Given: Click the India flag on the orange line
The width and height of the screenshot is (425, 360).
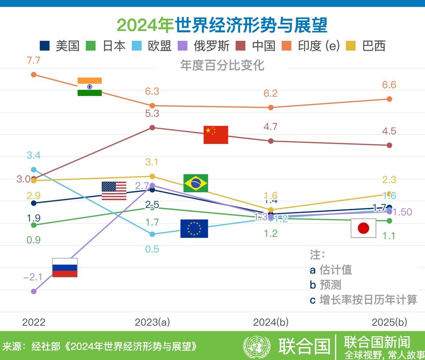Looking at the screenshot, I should [x=89, y=87].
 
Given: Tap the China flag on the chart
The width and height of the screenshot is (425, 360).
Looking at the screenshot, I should [x=216, y=135].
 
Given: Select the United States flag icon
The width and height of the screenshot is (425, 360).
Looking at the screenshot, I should [x=114, y=191].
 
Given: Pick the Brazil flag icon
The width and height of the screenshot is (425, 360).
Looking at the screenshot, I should [x=196, y=183].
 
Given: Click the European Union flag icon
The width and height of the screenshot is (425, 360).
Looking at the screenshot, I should [x=194, y=229].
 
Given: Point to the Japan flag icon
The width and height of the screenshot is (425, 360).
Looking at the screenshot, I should [x=363, y=228].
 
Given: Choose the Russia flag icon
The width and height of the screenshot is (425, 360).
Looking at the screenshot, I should [x=65, y=267].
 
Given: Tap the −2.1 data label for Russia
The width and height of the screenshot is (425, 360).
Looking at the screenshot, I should [x=33, y=277].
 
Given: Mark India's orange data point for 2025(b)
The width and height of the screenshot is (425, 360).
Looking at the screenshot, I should [x=389, y=99].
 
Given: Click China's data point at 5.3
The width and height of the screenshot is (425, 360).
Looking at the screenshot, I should [x=152, y=127].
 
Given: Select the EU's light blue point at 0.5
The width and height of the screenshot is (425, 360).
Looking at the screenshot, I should [x=152, y=234].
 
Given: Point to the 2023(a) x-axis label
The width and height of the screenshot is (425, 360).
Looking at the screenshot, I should [x=152, y=322].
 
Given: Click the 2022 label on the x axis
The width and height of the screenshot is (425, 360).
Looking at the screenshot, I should [x=33, y=322].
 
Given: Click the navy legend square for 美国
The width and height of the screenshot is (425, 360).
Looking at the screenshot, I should [x=45, y=45].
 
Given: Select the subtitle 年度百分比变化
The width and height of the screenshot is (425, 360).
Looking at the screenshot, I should [x=222, y=65].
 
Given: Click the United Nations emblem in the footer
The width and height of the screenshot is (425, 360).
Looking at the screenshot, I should [x=257, y=346].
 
